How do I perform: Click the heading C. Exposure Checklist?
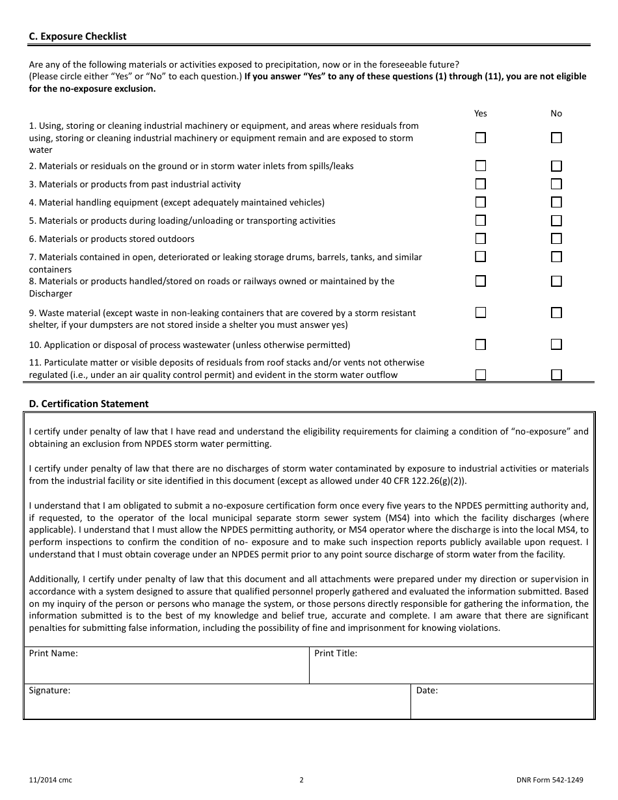[x=77, y=36]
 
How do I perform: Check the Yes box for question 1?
[x=480, y=138]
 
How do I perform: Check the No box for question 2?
[x=556, y=167]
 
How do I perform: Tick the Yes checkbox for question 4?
[x=480, y=202]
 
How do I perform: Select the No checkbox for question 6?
[x=556, y=239]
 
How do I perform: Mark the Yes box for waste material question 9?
[x=480, y=313]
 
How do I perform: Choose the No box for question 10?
[x=556, y=345]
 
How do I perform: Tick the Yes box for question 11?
[x=480, y=375]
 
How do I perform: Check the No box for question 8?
[x=556, y=282]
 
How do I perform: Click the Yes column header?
[x=480, y=113]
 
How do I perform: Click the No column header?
[x=556, y=113]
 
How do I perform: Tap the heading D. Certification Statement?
[x=88, y=404]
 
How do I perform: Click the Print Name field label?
[x=53, y=653]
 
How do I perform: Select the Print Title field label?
[x=336, y=653]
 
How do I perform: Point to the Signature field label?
[x=49, y=690]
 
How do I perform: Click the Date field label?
[x=427, y=690]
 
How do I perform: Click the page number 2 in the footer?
[x=301, y=780]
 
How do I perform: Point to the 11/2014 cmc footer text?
[x=51, y=780]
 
